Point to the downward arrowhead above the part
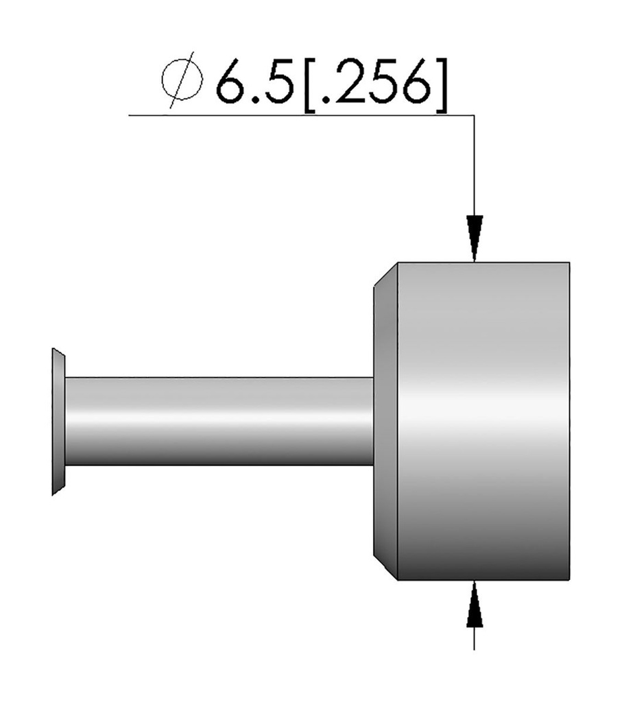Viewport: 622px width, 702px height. coord(475,237)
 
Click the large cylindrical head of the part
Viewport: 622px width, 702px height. coord(483,420)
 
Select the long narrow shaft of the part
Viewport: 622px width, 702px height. coord(219,420)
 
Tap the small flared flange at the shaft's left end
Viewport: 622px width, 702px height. coord(58,421)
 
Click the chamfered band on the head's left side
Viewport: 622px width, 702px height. coord(385,420)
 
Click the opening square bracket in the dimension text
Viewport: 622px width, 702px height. coord(308,86)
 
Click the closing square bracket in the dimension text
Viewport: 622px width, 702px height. coord(442,86)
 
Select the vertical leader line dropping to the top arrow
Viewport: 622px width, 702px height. coord(475,165)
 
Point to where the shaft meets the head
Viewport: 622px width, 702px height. coord(374,420)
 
